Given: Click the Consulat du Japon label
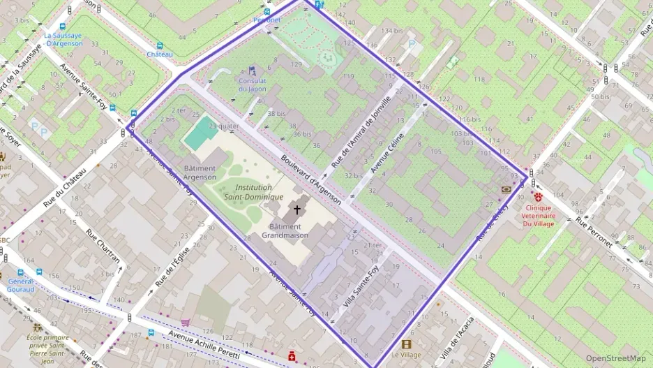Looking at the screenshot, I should [x=252, y=84].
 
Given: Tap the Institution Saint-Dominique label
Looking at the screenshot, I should [x=254, y=192].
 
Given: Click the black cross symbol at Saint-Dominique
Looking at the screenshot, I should [x=297, y=209].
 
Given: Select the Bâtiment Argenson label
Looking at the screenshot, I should [x=200, y=173].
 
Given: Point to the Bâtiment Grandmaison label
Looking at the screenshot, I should [x=285, y=231].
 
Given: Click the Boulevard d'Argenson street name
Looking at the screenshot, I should [x=310, y=179].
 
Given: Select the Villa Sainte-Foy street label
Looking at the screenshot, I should [x=356, y=292].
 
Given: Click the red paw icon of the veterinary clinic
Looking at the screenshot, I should [x=539, y=198].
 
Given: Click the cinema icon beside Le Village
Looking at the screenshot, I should [x=407, y=344].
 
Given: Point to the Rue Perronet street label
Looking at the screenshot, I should [x=594, y=233].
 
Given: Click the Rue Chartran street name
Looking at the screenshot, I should [x=103, y=248].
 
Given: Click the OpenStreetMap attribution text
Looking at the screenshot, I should [x=615, y=358].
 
